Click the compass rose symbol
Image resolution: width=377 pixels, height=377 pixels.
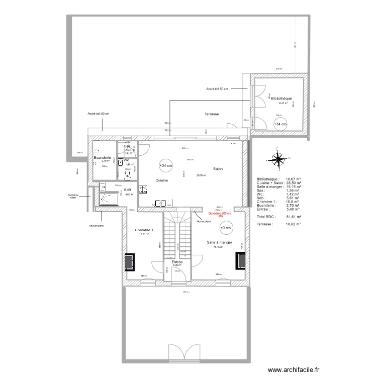(277, 159)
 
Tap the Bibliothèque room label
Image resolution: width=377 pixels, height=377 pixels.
(281, 99)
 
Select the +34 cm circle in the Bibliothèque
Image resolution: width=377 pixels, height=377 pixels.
(280, 124)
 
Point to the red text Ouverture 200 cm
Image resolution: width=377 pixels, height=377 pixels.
(220, 213)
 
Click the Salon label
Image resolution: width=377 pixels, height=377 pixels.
(218, 169)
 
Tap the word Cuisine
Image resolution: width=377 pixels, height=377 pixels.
(161, 180)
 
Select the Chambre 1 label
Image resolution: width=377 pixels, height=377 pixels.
(144, 230)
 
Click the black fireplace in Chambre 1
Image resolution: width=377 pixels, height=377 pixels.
(130, 261)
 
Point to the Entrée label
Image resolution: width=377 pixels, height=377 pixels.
(177, 262)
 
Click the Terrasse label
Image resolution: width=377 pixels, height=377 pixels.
(211, 114)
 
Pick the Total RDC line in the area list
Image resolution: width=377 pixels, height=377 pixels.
(278, 217)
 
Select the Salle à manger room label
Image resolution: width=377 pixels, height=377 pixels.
(219, 242)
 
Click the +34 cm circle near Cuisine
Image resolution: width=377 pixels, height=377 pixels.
(165, 165)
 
